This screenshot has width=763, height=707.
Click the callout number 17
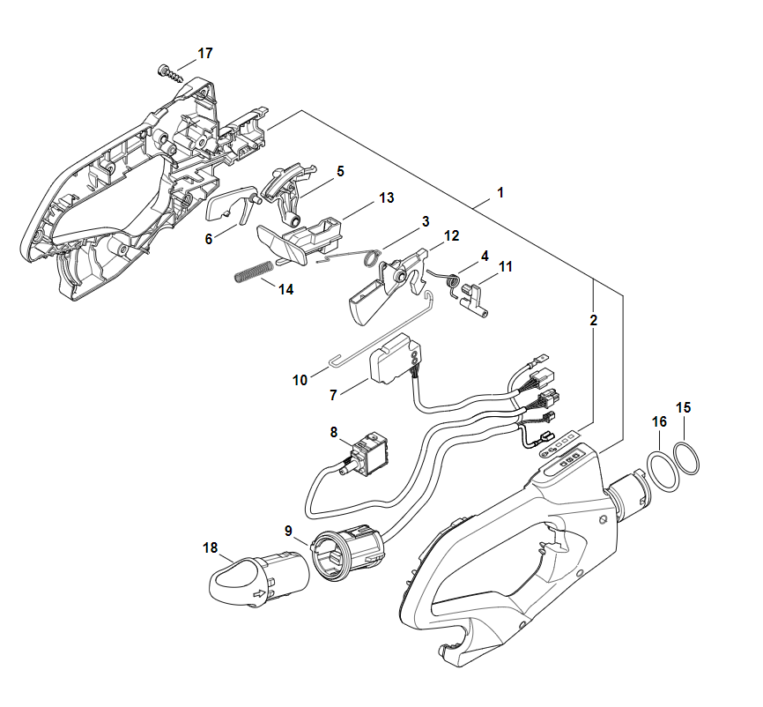[204, 54]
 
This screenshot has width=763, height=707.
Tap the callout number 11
[506, 265]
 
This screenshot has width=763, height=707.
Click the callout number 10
[300, 380]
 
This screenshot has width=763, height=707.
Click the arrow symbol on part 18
[259, 597]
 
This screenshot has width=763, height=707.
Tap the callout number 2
[593, 321]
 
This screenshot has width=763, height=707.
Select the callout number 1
[500, 191]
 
